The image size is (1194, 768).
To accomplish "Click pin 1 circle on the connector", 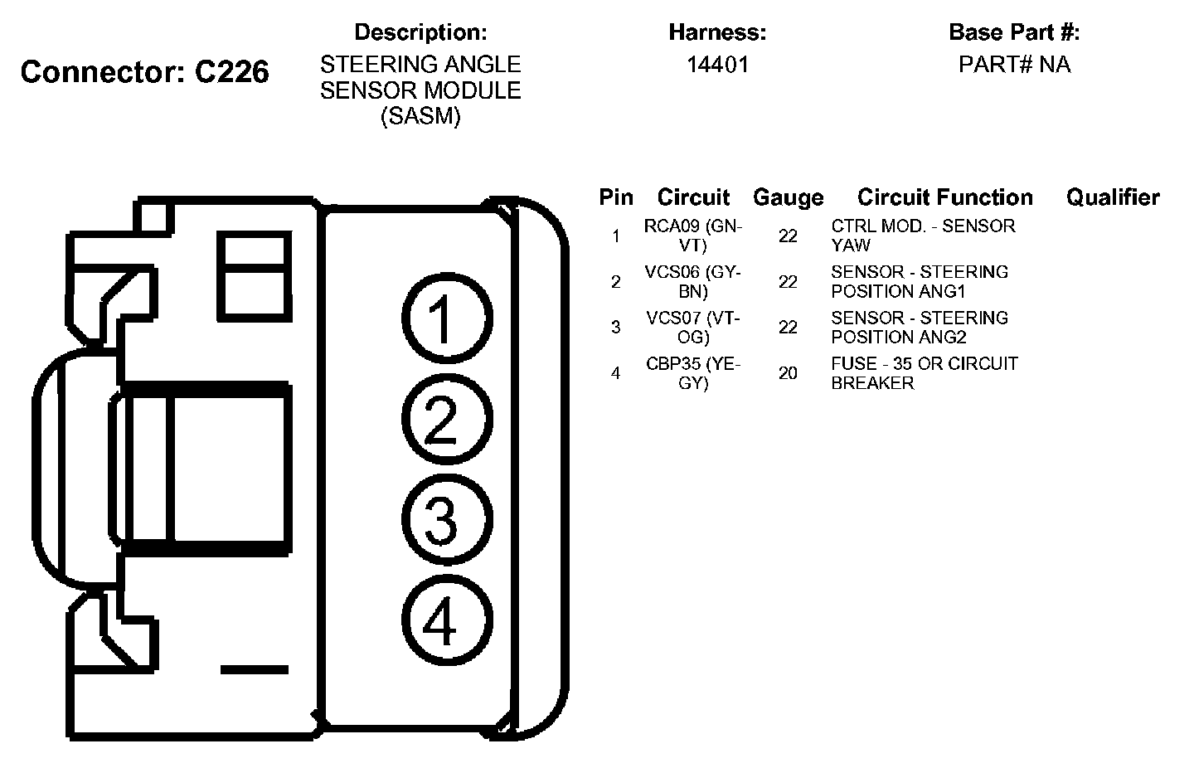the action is pos(446,319).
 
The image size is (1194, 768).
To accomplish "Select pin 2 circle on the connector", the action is pos(446,420).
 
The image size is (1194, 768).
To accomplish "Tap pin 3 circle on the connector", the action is pos(446,521).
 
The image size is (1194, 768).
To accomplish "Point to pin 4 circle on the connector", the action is pos(446,621).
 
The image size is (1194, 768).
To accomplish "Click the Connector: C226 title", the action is pos(144,72).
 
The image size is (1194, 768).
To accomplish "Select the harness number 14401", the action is pos(717,65).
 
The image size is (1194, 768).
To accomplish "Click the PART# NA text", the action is pos(1014,65).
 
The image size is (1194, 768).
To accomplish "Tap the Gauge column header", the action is pos(788,197).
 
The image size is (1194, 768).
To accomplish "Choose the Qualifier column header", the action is pos(1112,197).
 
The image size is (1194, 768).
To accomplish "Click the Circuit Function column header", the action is pos(944,197).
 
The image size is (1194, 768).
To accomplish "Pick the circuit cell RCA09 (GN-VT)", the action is pos(692,236).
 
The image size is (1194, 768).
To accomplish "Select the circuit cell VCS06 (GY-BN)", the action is pos(692,281).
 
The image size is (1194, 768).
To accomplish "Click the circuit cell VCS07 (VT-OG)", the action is pos(692,327).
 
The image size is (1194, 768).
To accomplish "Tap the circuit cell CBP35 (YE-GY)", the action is pos(692,373).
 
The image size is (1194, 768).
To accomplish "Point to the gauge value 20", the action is pos(788,373).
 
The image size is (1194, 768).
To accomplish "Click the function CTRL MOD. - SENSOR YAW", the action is pos(922,236).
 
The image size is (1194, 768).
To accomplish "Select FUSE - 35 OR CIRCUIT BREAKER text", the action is pos(924,373).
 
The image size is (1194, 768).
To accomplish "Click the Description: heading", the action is pos(420,32).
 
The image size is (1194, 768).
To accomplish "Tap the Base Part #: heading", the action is pos(1014,32).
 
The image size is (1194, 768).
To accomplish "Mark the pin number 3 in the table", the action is pos(615,328).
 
